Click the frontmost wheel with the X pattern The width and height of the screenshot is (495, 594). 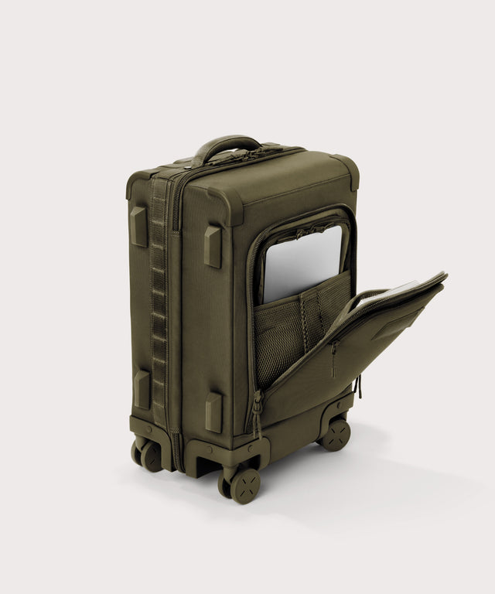pos(244,485)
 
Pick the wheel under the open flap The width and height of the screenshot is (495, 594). pos(336,434)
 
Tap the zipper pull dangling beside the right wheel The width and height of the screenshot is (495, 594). pos(358,384)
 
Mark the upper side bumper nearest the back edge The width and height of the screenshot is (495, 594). pos(138,226)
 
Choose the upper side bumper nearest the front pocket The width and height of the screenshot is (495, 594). pos(213,246)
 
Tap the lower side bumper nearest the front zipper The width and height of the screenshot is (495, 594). pos(213,412)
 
